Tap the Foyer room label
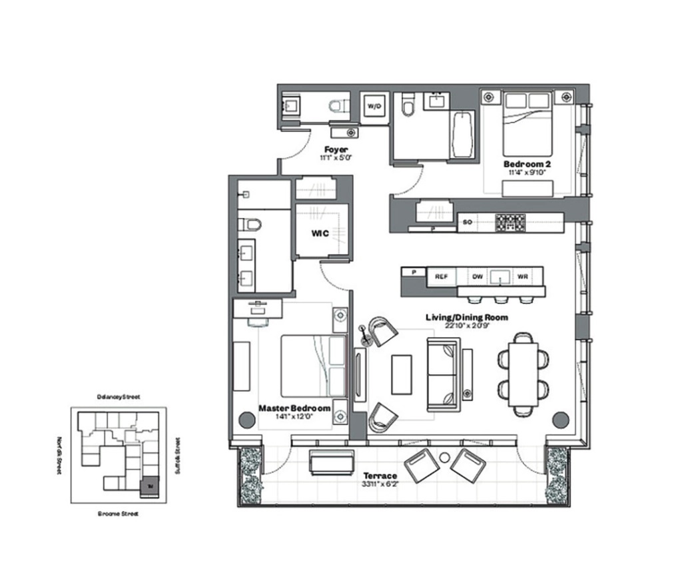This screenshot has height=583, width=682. pos(336,149)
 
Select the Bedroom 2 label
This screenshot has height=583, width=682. pos(526,163)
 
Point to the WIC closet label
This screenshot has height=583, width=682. pos(322,234)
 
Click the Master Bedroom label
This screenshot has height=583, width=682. pos(294,408)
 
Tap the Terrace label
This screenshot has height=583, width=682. pos(380,476)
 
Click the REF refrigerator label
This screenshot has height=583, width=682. pos(440,275)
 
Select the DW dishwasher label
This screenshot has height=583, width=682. pos(478,275)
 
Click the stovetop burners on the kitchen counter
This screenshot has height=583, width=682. pos(510,223)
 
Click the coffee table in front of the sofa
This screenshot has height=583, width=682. pos(402,374)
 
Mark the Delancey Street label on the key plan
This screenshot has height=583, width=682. pos(118,396)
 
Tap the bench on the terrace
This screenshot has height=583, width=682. pos(332,462)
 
